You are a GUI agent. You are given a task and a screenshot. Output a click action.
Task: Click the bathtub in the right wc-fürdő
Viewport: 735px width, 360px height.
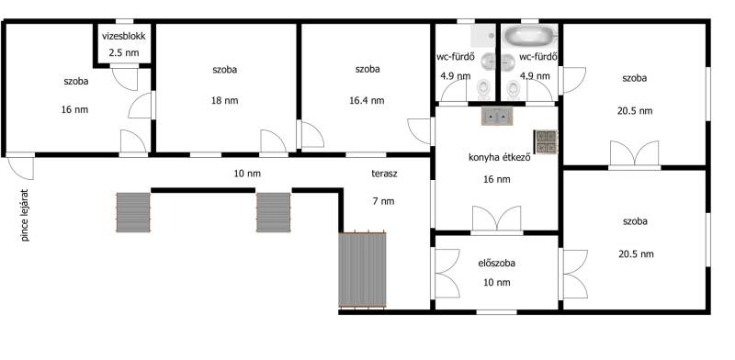pos(530,34)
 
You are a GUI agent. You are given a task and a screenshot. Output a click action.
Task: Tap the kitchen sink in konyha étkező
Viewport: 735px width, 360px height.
pos(497,116)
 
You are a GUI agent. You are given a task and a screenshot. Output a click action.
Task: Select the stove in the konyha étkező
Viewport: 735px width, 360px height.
pos(546,141)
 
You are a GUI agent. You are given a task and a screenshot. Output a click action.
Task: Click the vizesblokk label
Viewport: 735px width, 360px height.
pos(124,36)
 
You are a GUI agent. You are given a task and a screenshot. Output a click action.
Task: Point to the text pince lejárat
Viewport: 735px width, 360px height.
pos(26,215)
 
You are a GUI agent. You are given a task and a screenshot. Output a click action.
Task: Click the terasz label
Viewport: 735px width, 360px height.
pos(384,174)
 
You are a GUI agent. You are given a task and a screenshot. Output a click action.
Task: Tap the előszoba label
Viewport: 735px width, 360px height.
pos(496,263)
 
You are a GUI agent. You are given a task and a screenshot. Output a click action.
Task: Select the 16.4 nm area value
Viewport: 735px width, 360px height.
pos(367,100)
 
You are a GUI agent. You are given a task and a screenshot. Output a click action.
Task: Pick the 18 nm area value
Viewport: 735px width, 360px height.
pos(225,100)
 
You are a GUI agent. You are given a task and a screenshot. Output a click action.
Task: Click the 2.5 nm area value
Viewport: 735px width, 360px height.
pos(124,52)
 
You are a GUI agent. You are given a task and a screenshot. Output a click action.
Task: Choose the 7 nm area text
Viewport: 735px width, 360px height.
pos(384,201)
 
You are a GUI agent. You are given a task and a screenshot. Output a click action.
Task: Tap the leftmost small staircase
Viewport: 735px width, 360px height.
pos(133,212)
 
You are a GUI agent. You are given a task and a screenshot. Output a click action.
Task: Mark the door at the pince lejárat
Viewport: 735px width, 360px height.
pos(20,168)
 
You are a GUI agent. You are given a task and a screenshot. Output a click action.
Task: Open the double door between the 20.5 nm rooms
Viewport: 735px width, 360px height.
pos(635,153)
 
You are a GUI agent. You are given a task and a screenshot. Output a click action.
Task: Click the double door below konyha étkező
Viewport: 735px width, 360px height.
pos(497,219)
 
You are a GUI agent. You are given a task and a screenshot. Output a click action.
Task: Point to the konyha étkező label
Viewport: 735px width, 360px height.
pos(499,158)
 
